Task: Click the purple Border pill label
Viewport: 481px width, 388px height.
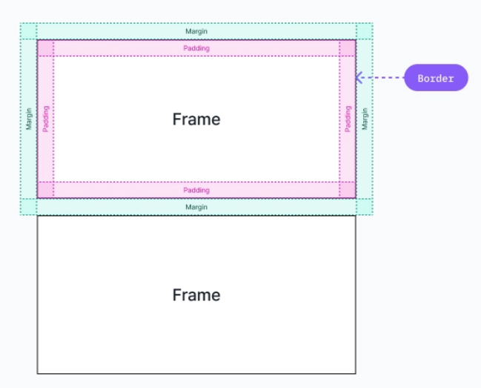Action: click(x=436, y=78)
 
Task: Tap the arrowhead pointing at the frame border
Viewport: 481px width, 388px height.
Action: click(x=359, y=78)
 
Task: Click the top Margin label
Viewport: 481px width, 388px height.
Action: click(x=196, y=31)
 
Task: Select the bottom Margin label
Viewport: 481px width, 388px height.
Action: click(x=196, y=207)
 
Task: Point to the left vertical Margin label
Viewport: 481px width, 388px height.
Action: click(x=29, y=119)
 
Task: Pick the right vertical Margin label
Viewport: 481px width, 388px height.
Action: click(x=364, y=119)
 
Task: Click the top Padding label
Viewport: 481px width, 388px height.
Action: click(x=196, y=48)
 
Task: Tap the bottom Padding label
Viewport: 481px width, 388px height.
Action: click(x=196, y=190)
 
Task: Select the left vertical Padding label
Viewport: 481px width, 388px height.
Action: click(x=45, y=119)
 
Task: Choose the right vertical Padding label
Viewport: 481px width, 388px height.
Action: click(x=348, y=119)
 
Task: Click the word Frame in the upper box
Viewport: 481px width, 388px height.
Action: click(x=196, y=119)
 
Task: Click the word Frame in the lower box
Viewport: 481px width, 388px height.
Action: click(x=196, y=295)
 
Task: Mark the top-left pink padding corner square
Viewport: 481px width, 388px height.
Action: click(x=45, y=48)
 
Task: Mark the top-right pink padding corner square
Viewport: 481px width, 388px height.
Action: click(x=348, y=48)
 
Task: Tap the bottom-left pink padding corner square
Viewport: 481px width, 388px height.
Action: click(x=45, y=190)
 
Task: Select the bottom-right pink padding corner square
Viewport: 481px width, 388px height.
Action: click(x=348, y=190)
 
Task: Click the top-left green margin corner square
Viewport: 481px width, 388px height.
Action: click(x=29, y=31)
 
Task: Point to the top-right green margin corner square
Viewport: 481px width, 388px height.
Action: click(x=364, y=31)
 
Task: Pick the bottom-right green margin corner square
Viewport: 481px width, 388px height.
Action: click(x=364, y=207)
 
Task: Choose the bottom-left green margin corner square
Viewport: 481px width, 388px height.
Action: click(x=29, y=207)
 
